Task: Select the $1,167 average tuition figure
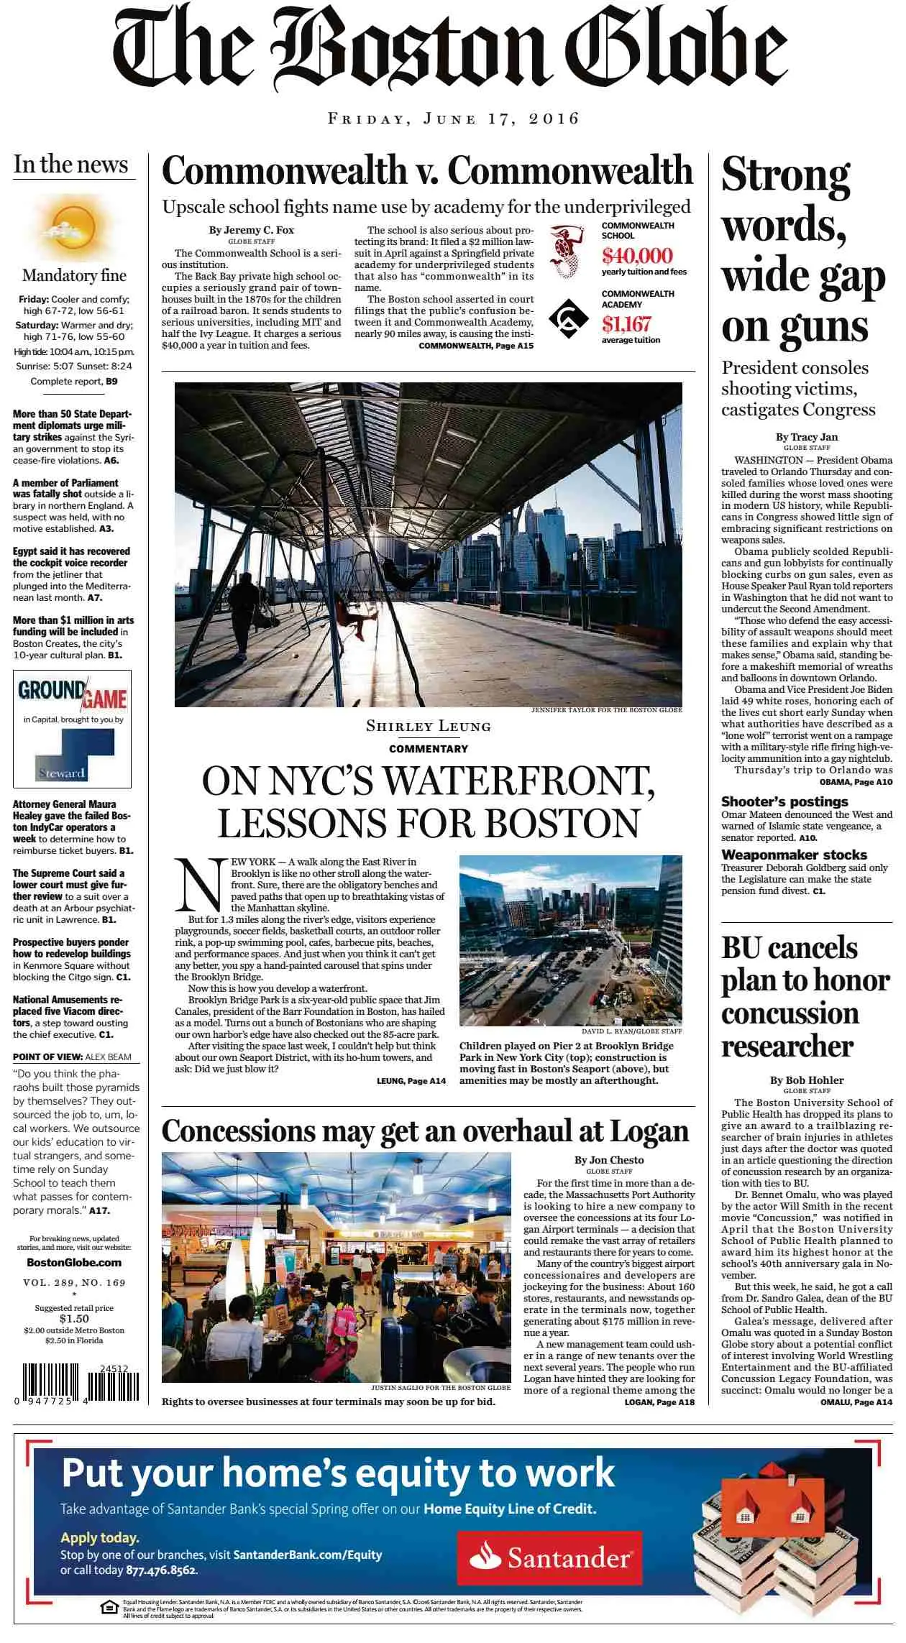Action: [x=626, y=324]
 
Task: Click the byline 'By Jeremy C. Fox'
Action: [x=251, y=230]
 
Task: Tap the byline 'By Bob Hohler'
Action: [x=806, y=1080]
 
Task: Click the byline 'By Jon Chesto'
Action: [x=608, y=1159]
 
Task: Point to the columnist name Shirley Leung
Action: [x=428, y=726]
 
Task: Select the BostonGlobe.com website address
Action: [x=74, y=1262]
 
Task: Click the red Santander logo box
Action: [x=550, y=1557]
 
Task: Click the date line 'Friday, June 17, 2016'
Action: [x=453, y=119]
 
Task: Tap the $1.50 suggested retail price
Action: [x=74, y=1319]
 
